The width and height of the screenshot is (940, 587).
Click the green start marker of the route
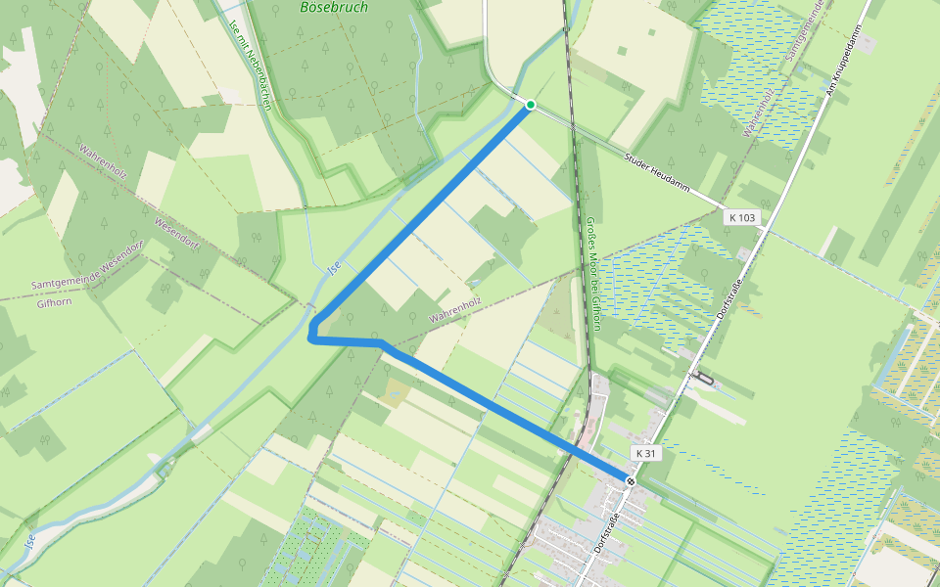coord(530,105)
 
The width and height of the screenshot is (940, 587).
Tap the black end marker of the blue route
coord(631,480)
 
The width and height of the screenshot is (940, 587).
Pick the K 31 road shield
coord(645,453)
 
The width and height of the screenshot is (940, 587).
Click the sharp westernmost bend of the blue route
coord(310,337)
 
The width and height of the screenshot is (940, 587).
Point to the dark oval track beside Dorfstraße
coord(704,379)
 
